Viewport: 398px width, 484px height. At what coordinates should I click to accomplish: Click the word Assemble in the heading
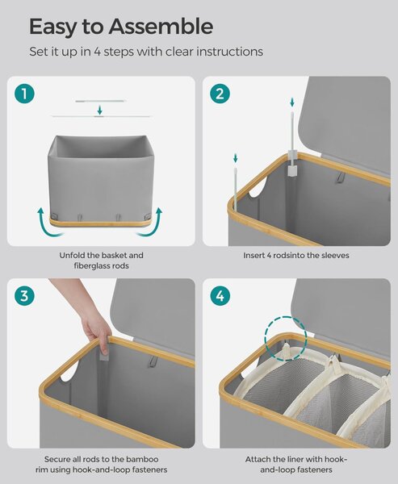tap(161, 27)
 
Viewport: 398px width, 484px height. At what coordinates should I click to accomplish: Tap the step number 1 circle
tap(24, 94)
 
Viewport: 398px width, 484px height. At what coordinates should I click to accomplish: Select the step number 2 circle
tap(220, 94)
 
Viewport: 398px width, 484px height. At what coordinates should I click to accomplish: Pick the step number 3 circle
tap(24, 296)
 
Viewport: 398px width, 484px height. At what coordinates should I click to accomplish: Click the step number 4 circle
tap(220, 296)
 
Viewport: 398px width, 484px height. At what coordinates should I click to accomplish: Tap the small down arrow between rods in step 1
tap(99, 110)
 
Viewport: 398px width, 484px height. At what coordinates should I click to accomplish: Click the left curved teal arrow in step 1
tap(48, 223)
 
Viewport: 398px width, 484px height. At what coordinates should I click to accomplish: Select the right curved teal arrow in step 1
tap(151, 223)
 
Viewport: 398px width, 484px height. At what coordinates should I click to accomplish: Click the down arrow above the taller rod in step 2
tap(292, 102)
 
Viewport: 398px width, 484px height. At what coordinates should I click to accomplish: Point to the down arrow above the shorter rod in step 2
tap(236, 158)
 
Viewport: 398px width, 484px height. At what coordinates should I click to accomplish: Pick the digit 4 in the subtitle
tap(98, 52)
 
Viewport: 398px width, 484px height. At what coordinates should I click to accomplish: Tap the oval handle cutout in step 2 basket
tap(258, 189)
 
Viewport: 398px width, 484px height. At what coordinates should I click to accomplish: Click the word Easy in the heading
tap(52, 27)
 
